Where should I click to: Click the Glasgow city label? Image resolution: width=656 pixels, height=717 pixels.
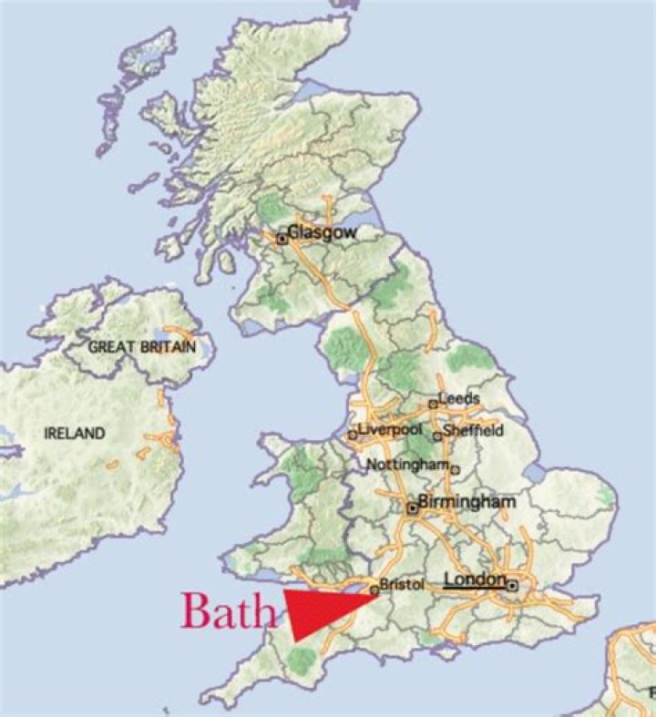[322, 232]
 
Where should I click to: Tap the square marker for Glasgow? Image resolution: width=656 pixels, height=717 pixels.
[282, 239]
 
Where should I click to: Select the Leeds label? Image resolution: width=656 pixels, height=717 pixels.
[458, 399]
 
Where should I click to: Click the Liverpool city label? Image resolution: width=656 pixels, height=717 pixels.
[392, 429]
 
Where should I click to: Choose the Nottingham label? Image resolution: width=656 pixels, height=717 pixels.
[407, 465]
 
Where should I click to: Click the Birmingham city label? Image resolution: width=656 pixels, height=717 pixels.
[466, 502]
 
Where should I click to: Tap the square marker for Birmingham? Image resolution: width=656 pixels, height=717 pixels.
[412, 509]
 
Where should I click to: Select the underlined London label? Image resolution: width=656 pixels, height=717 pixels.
[475, 580]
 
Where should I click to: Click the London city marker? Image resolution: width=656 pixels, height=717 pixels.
[513, 586]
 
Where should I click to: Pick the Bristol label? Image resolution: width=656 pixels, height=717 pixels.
[402, 586]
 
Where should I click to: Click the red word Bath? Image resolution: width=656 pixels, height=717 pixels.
[228, 611]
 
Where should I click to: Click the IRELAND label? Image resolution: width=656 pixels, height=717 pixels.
[75, 434]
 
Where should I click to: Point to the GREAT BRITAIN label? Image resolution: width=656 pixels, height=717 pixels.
[142, 347]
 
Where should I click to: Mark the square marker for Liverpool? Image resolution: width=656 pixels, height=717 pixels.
[353, 435]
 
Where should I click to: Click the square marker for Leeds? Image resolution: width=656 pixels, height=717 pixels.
[433, 404]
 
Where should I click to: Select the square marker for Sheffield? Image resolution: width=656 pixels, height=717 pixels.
[437, 436]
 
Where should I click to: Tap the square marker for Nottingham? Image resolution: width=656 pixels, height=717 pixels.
[456, 470]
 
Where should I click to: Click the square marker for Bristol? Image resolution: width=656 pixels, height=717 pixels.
[374, 590]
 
